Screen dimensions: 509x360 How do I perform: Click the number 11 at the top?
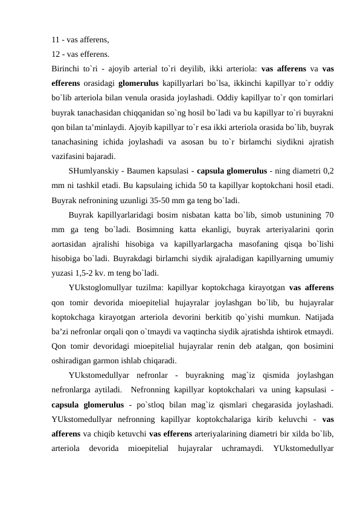coord(56,41)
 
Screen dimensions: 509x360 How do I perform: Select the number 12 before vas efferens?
coord(56,54)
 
